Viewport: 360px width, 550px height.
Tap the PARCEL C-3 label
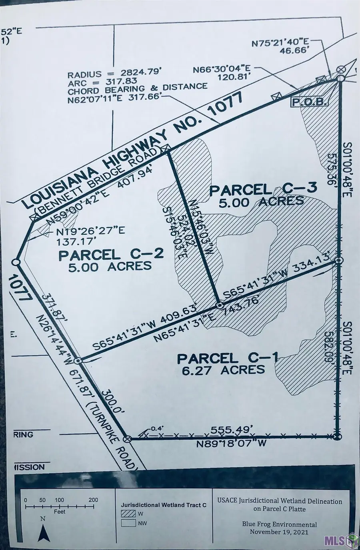(263, 189)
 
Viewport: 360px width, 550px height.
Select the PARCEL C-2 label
(111, 254)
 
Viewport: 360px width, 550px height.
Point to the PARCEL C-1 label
(227, 358)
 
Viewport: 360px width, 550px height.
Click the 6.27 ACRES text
(223, 370)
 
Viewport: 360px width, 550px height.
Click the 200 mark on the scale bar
(93, 500)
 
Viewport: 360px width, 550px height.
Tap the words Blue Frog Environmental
(279, 524)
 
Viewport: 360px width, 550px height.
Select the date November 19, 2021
(279, 532)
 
